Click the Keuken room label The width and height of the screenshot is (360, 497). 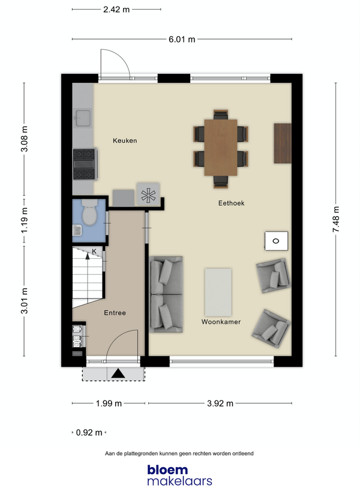pos(125,140)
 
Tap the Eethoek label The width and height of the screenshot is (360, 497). pos(232,203)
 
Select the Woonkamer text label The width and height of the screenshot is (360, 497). pos(221,322)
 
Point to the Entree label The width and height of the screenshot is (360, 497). pos(115,313)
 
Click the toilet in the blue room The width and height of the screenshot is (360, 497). pos(89,212)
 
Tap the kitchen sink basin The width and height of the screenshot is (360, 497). pos(83,118)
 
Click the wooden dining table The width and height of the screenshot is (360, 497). pos(221,148)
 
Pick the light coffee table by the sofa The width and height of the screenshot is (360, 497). pos(218,292)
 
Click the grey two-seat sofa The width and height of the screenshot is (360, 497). pos(166,294)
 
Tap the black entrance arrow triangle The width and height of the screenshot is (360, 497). pos(119,373)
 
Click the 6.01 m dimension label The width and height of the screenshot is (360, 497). pos(182,39)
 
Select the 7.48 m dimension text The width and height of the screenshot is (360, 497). pos(336,219)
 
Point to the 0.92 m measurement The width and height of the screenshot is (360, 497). pos(89,432)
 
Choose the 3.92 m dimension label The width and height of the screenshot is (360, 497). pos(220,403)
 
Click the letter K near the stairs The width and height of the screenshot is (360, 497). pos(94,252)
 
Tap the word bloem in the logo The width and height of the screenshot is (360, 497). pos(167,470)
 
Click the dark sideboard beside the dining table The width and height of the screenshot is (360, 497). pos(283,143)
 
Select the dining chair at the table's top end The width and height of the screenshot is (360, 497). pos(221,115)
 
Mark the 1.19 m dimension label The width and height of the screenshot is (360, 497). pos(25,220)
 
